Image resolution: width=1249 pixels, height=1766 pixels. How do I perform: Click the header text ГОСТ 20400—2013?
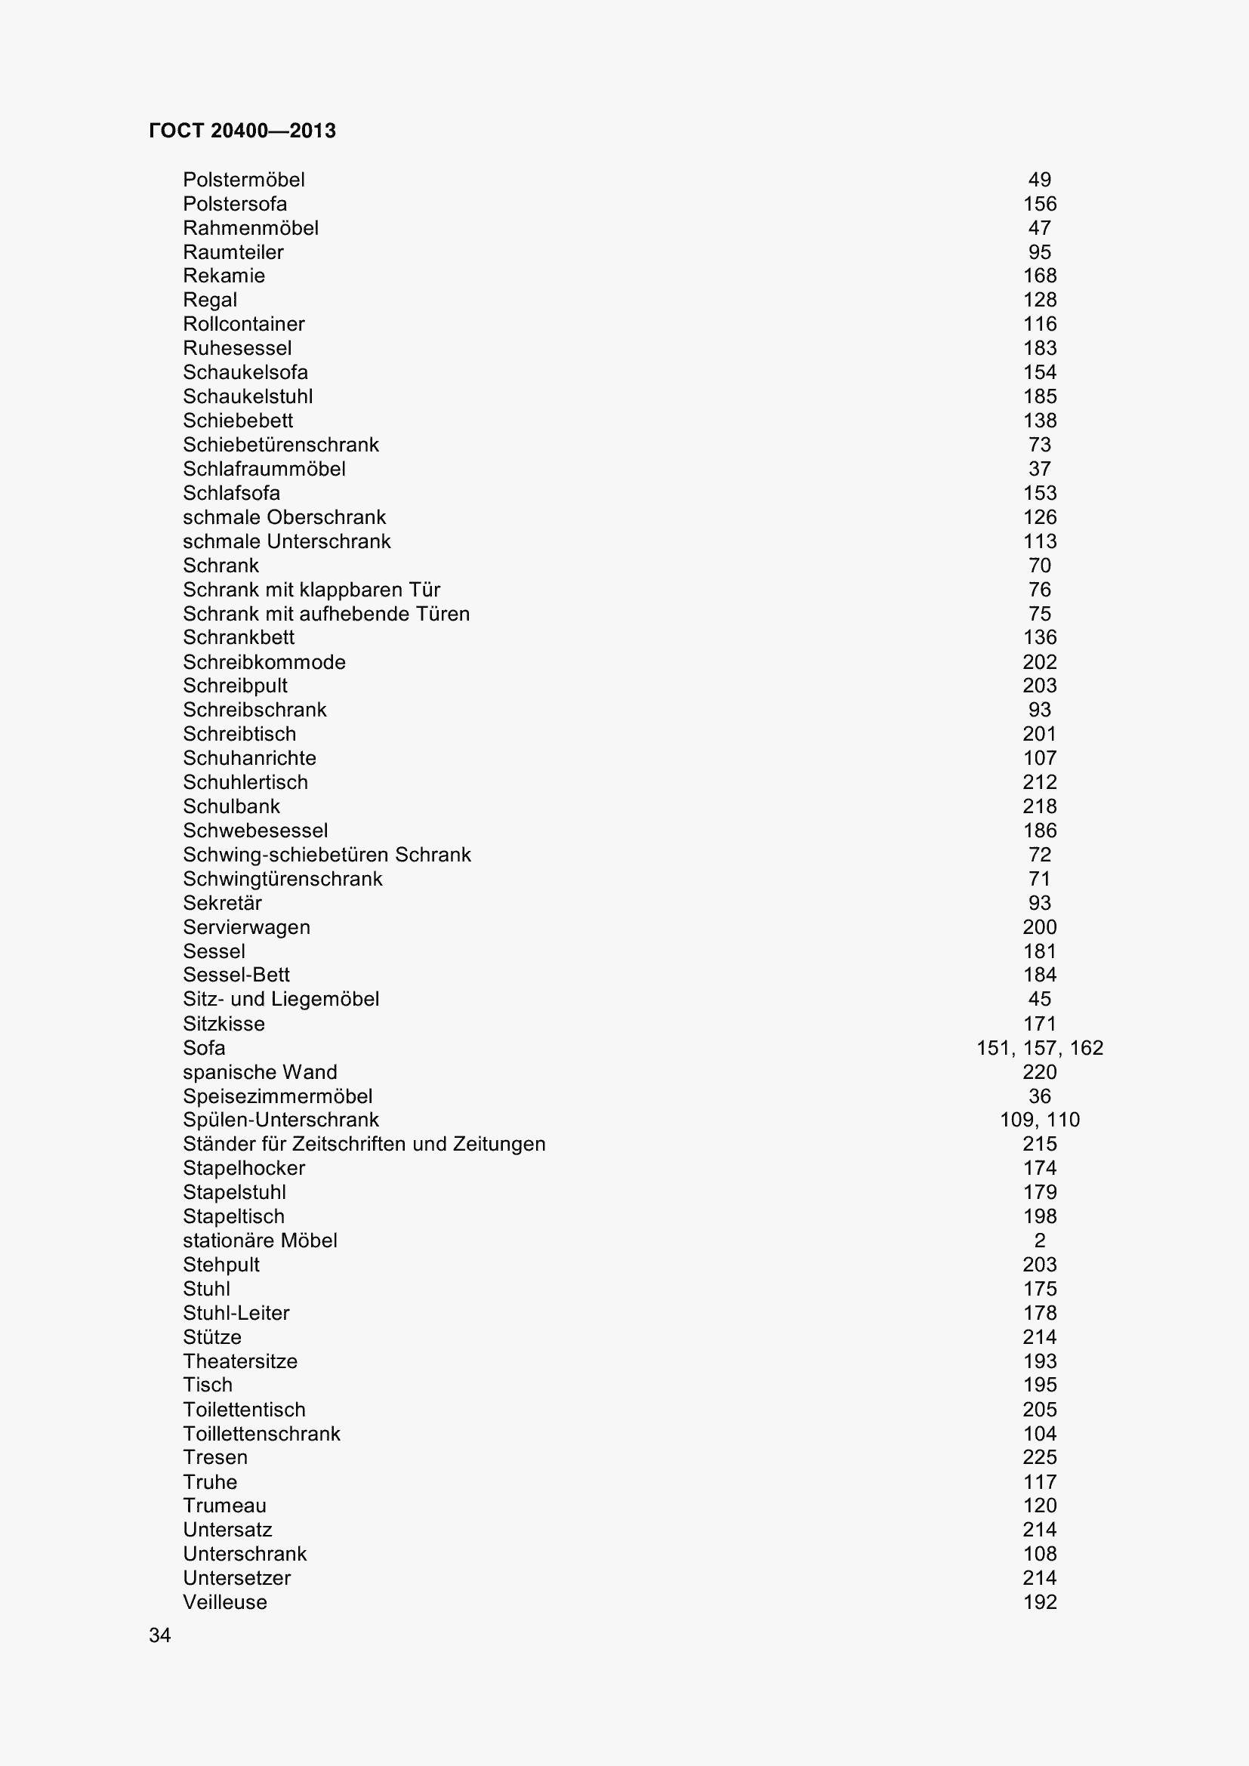[242, 131]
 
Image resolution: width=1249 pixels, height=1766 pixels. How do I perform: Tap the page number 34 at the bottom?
[160, 1635]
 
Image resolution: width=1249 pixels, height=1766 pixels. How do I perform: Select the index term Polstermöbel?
[244, 180]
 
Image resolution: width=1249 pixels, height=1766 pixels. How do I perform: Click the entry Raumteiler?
[233, 252]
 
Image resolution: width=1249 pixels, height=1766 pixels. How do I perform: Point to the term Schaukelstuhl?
[248, 397]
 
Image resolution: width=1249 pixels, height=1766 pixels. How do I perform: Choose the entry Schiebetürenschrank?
[281, 445]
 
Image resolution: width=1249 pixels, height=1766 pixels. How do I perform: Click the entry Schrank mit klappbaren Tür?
[311, 590]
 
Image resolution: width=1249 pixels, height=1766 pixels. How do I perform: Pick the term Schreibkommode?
[264, 662]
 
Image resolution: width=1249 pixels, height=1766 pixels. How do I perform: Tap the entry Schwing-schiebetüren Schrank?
[327, 855]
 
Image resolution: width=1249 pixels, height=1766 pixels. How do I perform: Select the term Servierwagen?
[246, 928]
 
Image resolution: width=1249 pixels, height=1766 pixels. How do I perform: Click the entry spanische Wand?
[260, 1072]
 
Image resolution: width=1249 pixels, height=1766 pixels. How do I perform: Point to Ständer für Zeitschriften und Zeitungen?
[364, 1145]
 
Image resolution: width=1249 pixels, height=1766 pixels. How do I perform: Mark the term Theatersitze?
[240, 1361]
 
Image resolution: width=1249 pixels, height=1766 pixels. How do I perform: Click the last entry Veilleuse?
[224, 1602]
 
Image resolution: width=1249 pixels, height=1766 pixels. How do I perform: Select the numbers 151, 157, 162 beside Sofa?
[1040, 1049]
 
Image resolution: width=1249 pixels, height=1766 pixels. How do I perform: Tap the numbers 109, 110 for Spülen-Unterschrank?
[1040, 1120]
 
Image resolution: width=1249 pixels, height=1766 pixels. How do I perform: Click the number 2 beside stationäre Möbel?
[1040, 1241]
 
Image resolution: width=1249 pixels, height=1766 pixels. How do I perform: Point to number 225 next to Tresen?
[1040, 1457]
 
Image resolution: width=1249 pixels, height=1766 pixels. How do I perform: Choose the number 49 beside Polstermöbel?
[1040, 180]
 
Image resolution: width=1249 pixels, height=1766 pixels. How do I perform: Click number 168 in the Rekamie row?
[1040, 276]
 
